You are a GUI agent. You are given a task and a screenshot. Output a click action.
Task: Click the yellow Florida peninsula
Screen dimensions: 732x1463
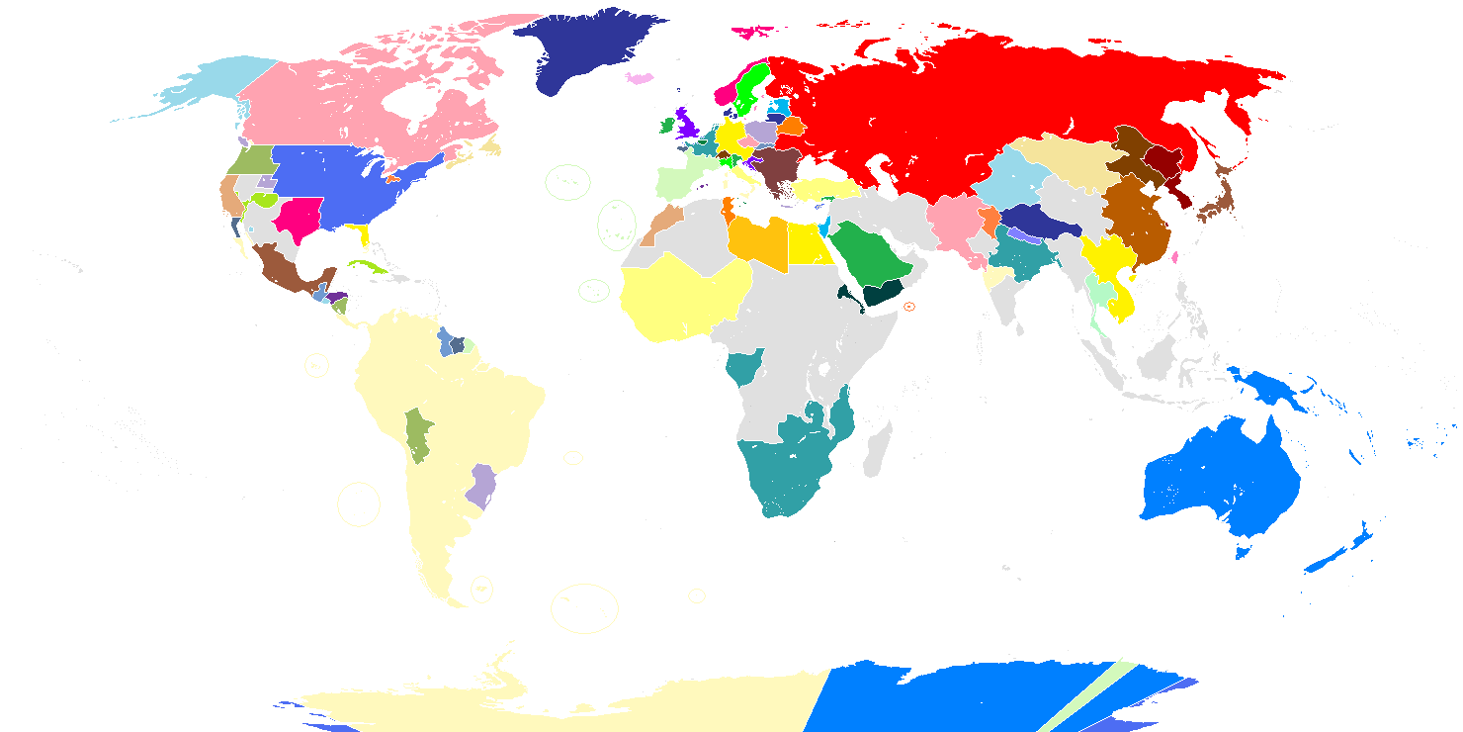[x=366, y=235]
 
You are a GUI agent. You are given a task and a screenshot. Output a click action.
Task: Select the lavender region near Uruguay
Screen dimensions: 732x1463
[x=482, y=485]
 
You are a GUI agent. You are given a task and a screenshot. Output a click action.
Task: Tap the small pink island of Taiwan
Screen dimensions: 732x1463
[x=1175, y=256]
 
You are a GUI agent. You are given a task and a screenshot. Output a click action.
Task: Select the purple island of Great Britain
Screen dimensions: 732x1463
[x=687, y=124]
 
